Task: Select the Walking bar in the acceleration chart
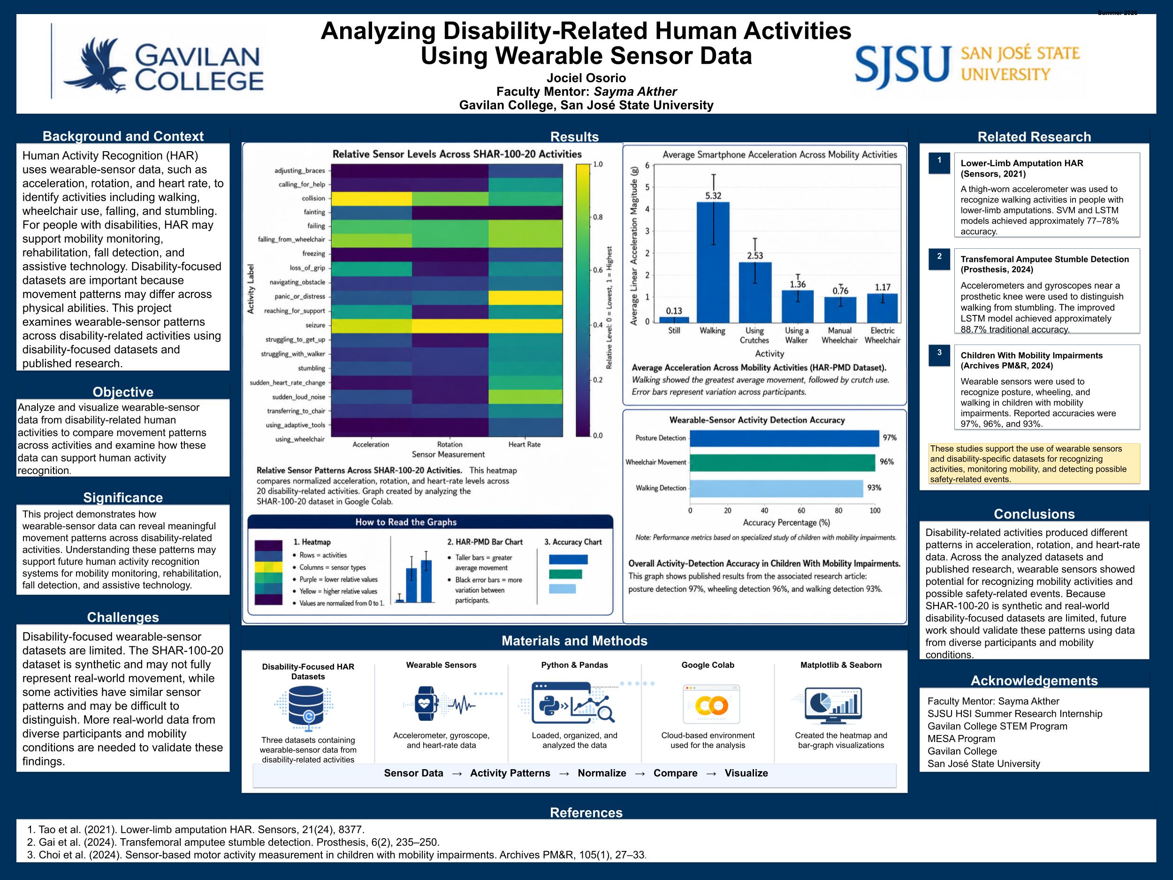713,262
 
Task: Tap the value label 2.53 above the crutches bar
755,256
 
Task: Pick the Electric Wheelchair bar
883,308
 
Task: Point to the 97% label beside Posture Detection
889,437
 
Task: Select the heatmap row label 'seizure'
315,325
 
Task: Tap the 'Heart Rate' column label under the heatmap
525,444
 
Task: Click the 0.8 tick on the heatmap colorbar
598,217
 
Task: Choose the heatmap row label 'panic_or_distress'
300,297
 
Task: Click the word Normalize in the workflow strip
602,773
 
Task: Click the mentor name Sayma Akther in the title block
635,92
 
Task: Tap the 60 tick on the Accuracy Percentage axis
801,511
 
